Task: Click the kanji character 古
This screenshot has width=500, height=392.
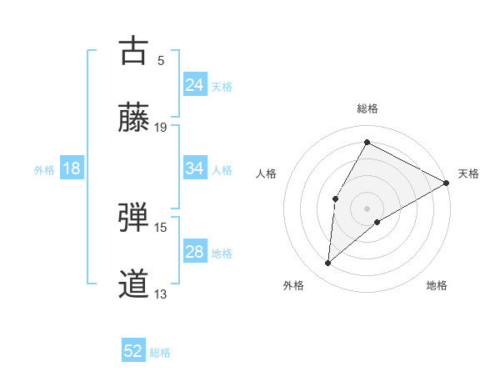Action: tap(133, 51)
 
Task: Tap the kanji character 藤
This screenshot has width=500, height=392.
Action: tap(133, 118)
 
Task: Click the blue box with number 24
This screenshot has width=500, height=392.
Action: tap(194, 85)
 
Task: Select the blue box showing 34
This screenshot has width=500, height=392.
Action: tap(194, 168)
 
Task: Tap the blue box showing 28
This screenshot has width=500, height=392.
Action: tap(194, 252)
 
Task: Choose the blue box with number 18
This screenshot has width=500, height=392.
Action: tap(72, 168)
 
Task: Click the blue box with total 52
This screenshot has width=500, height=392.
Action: tap(133, 351)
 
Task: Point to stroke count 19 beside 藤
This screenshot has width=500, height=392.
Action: tap(161, 127)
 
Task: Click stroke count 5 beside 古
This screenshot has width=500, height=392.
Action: tap(161, 60)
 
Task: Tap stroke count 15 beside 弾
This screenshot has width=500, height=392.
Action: tap(161, 227)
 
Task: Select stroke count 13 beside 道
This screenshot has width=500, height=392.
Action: tap(161, 294)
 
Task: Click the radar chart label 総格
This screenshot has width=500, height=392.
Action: tap(367, 108)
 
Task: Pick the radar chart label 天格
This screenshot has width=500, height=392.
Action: tap(468, 173)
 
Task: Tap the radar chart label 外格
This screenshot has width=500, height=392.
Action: tap(293, 285)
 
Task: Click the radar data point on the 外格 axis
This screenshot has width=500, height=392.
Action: tap(328, 264)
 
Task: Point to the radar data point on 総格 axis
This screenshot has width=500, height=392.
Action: tap(367, 142)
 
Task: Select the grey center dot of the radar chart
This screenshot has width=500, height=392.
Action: tap(367, 208)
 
